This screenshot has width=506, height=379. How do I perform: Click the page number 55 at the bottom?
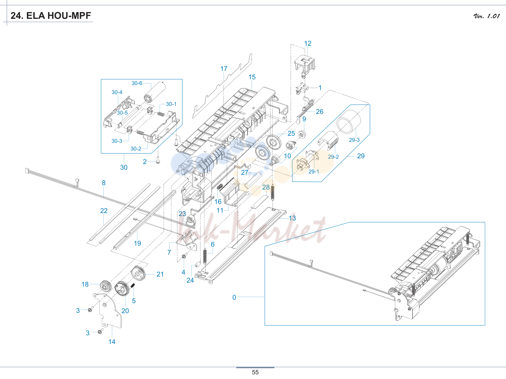(x=255, y=372)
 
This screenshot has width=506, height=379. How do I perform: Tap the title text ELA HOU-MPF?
(x=58, y=16)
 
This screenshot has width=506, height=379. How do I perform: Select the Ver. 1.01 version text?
(x=487, y=16)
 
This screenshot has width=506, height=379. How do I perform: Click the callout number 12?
(x=308, y=43)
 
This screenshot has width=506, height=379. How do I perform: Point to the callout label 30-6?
(x=137, y=83)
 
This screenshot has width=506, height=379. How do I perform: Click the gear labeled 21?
(x=138, y=273)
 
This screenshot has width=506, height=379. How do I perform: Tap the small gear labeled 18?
(x=106, y=286)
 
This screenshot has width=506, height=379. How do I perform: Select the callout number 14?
(x=112, y=342)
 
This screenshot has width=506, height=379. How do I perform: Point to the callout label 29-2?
(x=333, y=157)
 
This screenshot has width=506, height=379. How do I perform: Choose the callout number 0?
(x=234, y=297)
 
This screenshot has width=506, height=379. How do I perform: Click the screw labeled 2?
(x=158, y=160)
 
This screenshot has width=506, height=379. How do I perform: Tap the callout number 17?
(x=224, y=69)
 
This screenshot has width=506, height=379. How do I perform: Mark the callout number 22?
(x=104, y=211)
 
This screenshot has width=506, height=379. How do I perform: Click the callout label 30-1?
(x=171, y=104)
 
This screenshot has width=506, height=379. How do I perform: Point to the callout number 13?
(x=292, y=218)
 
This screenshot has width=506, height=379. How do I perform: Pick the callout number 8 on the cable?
(x=104, y=183)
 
